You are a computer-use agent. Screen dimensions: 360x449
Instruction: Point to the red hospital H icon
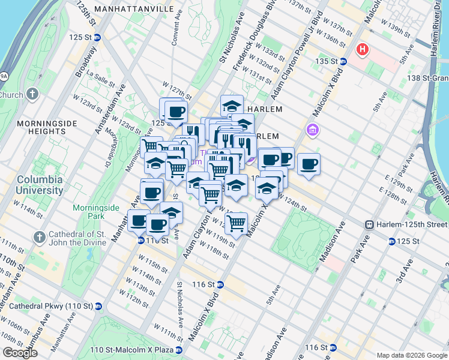tap(363, 49)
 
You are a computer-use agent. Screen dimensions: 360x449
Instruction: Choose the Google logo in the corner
tap(20, 353)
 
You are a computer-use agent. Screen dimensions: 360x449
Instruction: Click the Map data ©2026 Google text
tap(412, 355)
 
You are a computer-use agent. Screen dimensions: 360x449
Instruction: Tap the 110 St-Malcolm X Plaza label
tap(132, 349)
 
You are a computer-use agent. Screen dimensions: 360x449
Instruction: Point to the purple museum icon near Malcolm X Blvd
tap(312, 130)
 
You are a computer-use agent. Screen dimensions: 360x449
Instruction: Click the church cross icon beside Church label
tap(32, 95)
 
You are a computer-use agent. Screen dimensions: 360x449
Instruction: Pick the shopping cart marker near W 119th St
tap(237, 224)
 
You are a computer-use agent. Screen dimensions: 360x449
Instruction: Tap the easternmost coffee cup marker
tap(309, 164)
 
